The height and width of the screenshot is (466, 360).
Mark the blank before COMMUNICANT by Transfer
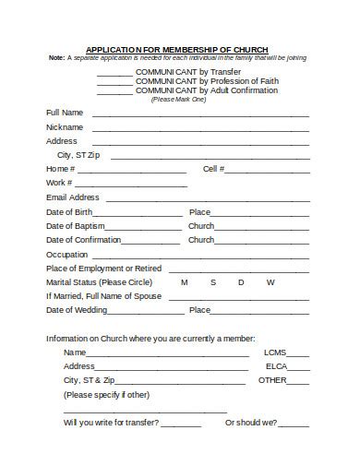coord(114,72)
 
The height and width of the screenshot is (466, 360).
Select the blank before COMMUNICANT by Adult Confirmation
coord(114,92)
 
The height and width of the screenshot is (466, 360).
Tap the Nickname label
coord(65,127)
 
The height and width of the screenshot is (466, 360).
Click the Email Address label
coord(72,197)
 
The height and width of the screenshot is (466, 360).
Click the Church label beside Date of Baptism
coord(201,226)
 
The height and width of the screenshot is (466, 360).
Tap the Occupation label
coord(67,255)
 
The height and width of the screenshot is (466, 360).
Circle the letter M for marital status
coord(184,282)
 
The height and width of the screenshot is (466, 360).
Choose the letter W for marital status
coord(270,282)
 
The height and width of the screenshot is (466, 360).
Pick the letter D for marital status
coord(241,282)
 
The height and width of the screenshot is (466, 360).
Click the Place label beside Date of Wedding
coord(199,310)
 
